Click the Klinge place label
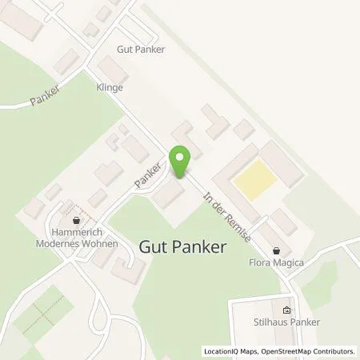click(110, 87)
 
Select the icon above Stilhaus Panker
click(287, 309)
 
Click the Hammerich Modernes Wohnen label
click(78, 238)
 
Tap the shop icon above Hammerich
click(77, 219)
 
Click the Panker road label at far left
click(46, 95)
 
